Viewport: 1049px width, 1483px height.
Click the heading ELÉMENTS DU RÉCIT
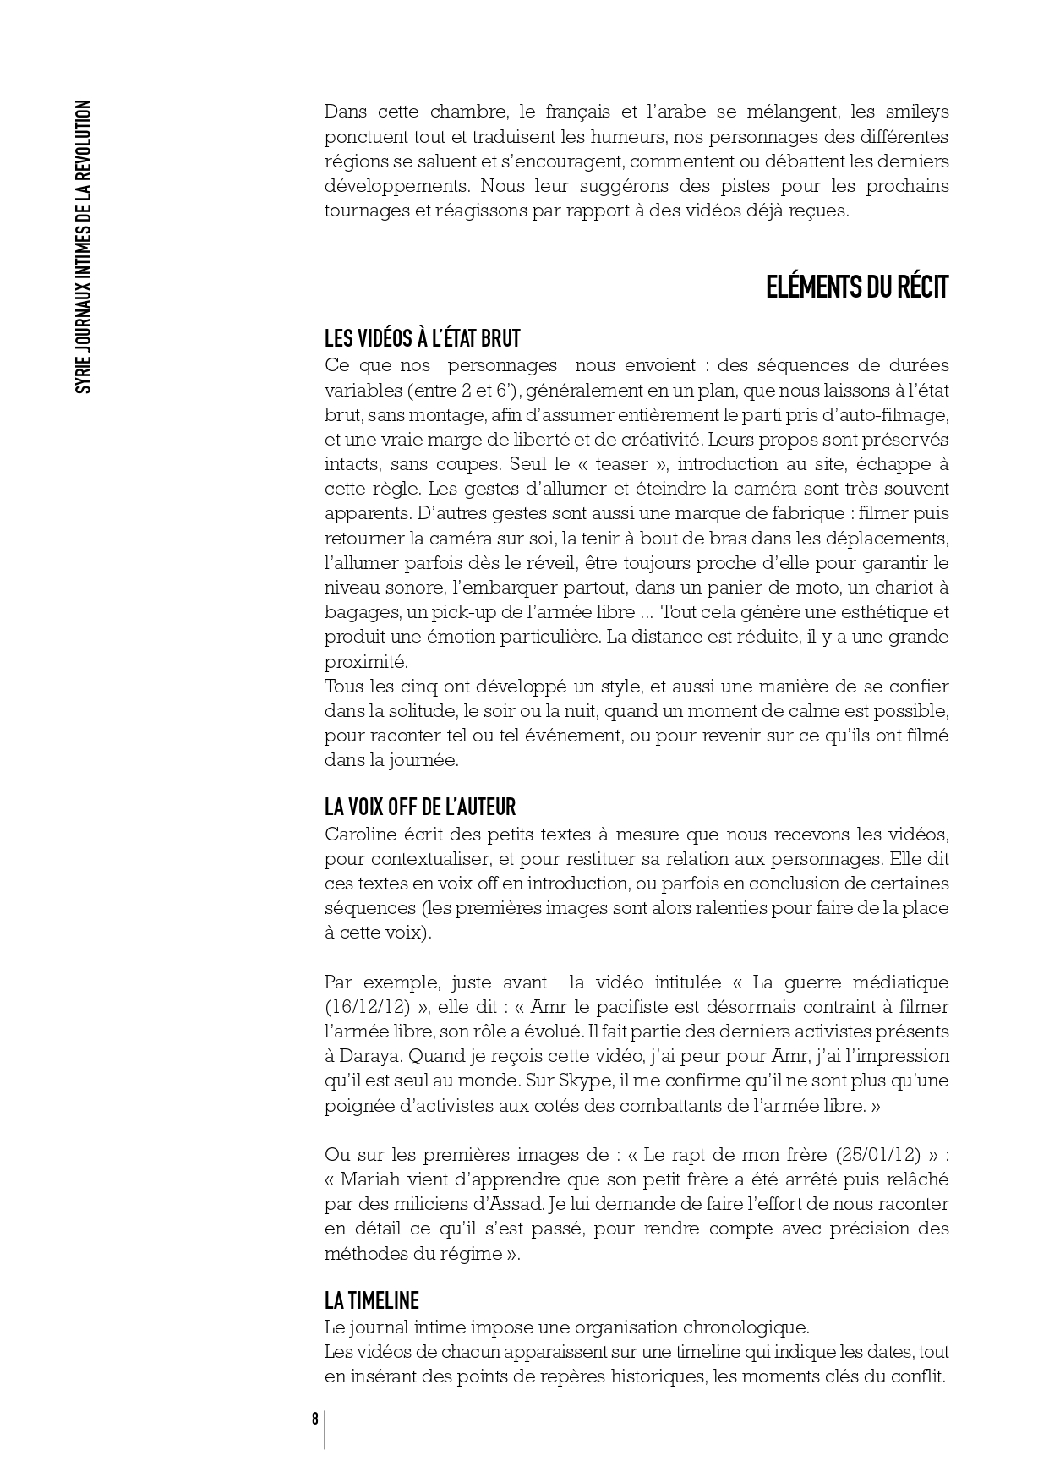click(857, 287)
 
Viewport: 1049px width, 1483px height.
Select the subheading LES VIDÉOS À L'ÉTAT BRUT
click(423, 339)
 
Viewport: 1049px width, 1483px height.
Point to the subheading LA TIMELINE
click(372, 1300)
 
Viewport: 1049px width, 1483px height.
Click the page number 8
click(314, 1419)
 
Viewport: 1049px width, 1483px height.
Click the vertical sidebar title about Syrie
click(83, 247)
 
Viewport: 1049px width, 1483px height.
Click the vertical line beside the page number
click(325, 1430)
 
